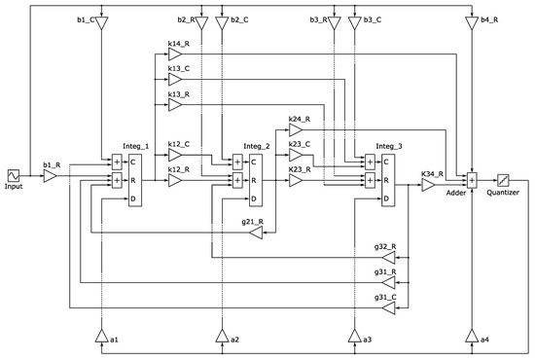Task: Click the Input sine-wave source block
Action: click(15, 175)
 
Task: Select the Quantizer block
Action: click(504, 180)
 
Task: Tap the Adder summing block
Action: click(472, 180)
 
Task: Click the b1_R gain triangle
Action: click(50, 176)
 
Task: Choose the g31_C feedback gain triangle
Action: click(389, 307)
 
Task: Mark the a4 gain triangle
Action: click(472, 336)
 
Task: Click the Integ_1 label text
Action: click(135, 145)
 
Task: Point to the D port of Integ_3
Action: click(386, 198)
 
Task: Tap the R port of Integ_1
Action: click(134, 180)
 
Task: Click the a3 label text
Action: click(367, 339)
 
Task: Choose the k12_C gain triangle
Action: click(174, 155)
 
